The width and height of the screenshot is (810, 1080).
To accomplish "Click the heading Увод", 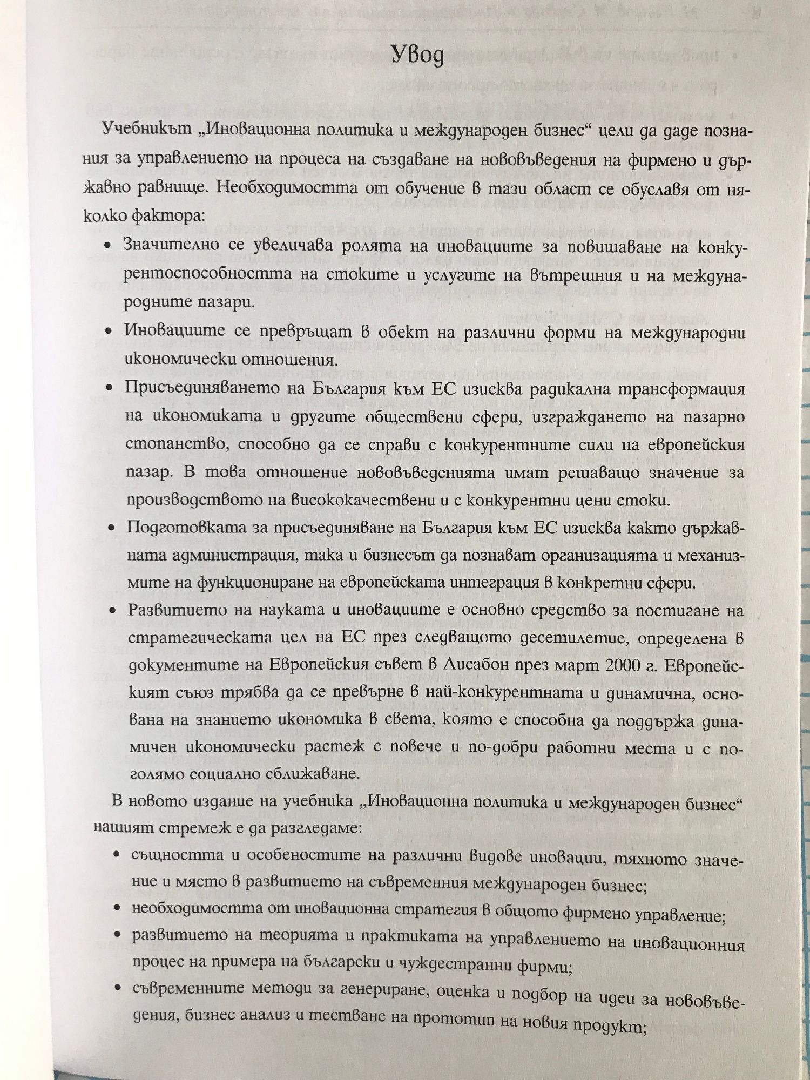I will pos(417,55).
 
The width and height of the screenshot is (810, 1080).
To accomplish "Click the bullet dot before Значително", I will pos(109,245).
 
